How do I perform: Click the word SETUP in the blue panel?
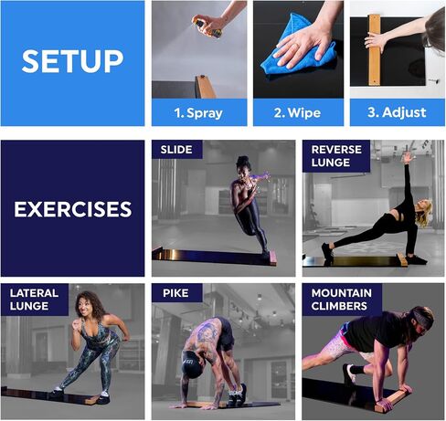(72, 61)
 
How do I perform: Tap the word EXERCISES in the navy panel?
(73, 209)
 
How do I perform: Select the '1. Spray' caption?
(198, 113)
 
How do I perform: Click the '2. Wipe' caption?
(297, 113)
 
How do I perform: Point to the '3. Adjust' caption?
(397, 112)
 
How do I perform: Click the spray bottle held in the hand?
(207, 27)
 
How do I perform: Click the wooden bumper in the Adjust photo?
(375, 49)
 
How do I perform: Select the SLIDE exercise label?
(176, 150)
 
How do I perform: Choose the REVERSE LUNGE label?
(336, 156)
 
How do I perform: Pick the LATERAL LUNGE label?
(34, 300)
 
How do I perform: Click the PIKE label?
(175, 293)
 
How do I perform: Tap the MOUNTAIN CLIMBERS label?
(341, 300)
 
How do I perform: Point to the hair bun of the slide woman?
(243, 160)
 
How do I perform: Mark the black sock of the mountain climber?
(357, 370)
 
